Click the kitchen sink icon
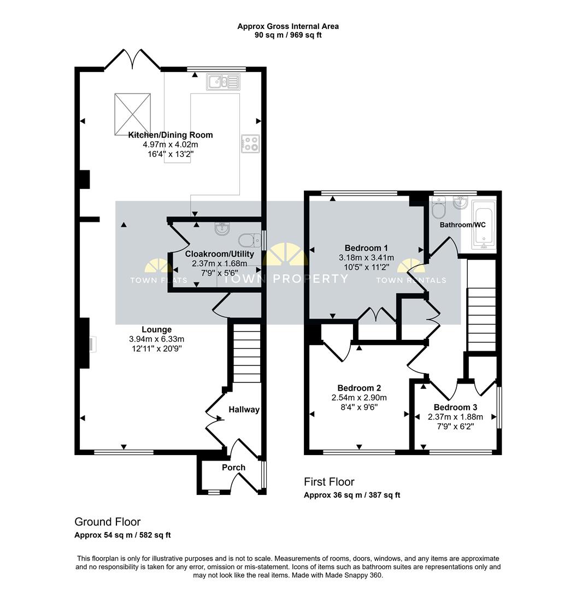223,82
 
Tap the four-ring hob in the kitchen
250,144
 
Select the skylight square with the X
132,114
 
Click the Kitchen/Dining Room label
171,135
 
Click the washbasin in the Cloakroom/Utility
222,228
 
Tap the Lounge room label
157,329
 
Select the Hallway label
244,409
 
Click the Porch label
233,467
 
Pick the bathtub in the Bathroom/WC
484,225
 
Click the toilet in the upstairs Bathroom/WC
439,207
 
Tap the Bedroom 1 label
366,248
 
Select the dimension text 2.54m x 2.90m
359,397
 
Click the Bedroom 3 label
456,407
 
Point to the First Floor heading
329,482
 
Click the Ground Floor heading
107,522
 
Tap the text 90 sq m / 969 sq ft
288,36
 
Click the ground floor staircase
247,353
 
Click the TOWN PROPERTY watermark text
286,279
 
